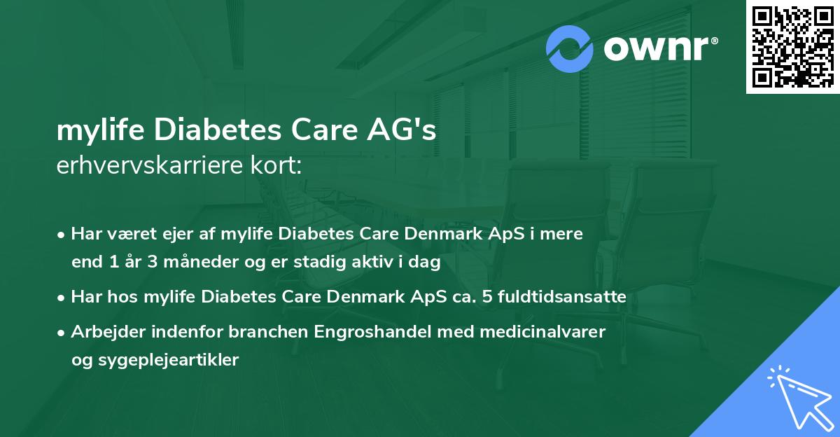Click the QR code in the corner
click(x=792, y=47)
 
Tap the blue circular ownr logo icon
click(x=570, y=49)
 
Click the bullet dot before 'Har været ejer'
click(x=62, y=235)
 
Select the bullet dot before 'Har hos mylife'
click(x=62, y=297)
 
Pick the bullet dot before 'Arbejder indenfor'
click(x=62, y=332)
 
